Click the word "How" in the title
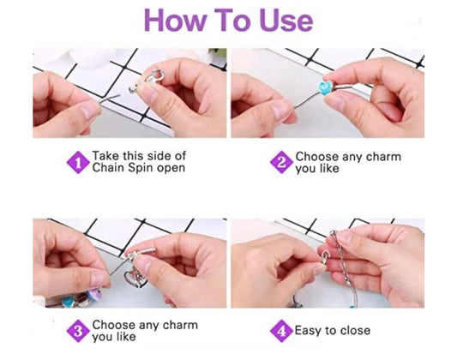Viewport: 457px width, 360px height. [x=175, y=21]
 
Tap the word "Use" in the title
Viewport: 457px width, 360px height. [x=286, y=21]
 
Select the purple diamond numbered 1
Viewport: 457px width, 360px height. [x=78, y=162]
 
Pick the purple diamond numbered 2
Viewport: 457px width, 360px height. [x=281, y=162]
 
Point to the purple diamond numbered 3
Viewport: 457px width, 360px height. [x=78, y=331]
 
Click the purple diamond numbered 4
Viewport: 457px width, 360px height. [x=281, y=331]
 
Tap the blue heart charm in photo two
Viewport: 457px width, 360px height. [x=325, y=87]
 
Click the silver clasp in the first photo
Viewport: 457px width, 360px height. [x=153, y=77]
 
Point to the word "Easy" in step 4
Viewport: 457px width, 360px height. [x=308, y=331]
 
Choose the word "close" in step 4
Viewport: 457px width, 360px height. [x=355, y=331]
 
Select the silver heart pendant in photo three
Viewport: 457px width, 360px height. [x=135, y=279]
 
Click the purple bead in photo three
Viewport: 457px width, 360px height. [x=94, y=294]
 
